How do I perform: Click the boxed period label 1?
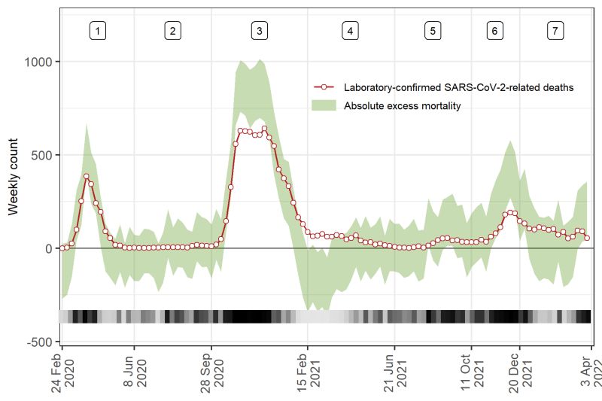pyautogui.click(x=98, y=31)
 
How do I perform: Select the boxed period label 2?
pyautogui.click(x=172, y=31)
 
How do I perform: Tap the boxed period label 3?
pyautogui.click(x=259, y=31)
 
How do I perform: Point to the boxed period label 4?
pyautogui.click(x=350, y=31)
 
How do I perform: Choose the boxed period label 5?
pyautogui.click(x=433, y=31)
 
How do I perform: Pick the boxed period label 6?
pyautogui.click(x=494, y=31)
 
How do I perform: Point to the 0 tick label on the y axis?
pyautogui.click(x=49, y=248)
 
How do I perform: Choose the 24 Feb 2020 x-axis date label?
pyautogui.click(x=62, y=372)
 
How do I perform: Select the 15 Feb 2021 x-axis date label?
pyautogui.click(x=308, y=372)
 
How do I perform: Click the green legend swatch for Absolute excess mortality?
pyautogui.click(x=323, y=106)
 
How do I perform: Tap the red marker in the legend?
pyautogui.click(x=323, y=87)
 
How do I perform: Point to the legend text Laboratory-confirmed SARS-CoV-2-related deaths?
pyautogui.click(x=458, y=87)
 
